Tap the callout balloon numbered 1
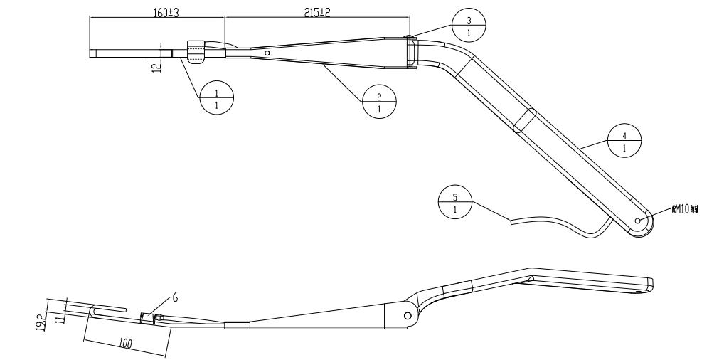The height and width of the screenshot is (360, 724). [x=217, y=96]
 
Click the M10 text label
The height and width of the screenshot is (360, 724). [x=684, y=210]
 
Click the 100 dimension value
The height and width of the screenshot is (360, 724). [x=127, y=344]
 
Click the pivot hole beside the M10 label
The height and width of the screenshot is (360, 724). [x=639, y=221]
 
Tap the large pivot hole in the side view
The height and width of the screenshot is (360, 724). [x=407, y=314]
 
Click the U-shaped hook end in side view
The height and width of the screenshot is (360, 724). [x=96, y=311]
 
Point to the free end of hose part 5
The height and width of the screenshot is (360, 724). [x=512, y=221]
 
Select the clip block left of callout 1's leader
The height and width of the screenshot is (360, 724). [x=196, y=52]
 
